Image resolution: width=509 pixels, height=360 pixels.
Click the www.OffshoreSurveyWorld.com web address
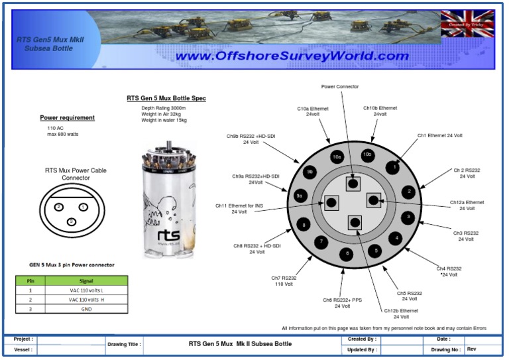pyautogui.click(x=292, y=56)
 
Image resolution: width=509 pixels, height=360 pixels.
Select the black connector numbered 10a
pyautogui.click(x=337, y=156)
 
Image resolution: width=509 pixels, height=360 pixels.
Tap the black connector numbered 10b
pyautogui.click(x=367, y=154)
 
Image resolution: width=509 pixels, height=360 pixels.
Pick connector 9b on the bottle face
pyautogui.click(x=310, y=172)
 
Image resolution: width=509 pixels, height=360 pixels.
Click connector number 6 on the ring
pyautogui.click(x=345, y=254)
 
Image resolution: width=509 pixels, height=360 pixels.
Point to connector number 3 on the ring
pyautogui.click(x=409, y=217)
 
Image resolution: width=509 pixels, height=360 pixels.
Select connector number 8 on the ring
pyautogui.click(x=304, y=225)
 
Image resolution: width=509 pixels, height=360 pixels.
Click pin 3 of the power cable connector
pyautogui.click(x=71, y=221)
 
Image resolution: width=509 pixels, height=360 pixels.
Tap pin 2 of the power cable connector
pyautogui.click(x=59, y=207)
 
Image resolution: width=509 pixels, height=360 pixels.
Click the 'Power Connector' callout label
pyautogui.click(x=340, y=86)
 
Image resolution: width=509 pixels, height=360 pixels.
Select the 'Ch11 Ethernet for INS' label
pyautogui.click(x=239, y=208)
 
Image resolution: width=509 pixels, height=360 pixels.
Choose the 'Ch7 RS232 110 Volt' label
pyautogui.click(x=284, y=281)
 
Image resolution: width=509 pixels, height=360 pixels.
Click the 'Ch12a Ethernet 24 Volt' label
pyautogui.click(x=467, y=205)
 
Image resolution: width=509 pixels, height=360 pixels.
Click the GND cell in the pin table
pyautogui.click(x=86, y=308)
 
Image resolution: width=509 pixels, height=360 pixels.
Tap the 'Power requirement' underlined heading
pyautogui.click(x=67, y=118)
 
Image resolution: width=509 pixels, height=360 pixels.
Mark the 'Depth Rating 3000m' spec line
pyautogui.click(x=163, y=108)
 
